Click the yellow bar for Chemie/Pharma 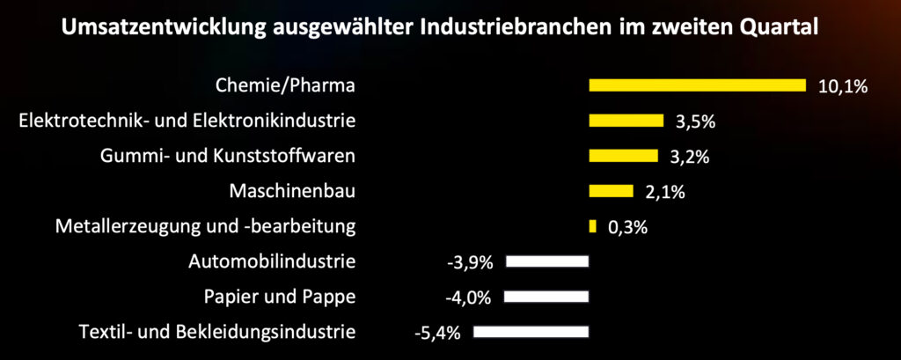(x=697, y=85)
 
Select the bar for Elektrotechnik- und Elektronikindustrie (x=626, y=121)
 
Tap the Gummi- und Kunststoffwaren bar (x=623, y=156)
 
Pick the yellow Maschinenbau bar (x=611, y=191)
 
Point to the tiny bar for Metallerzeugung (x=592, y=226)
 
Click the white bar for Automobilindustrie (x=546, y=261)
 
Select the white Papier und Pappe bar (x=546, y=297)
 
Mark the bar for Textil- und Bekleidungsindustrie (x=530, y=332)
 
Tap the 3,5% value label (x=696, y=121)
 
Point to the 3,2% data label (x=691, y=157)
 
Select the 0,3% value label (x=628, y=227)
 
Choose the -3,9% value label (x=472, y=262)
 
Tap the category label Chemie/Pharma (x=285, y=85)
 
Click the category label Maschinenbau (x=292, y=191)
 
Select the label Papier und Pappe (x=279, y=297)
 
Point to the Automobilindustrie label (x=272, y=261)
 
